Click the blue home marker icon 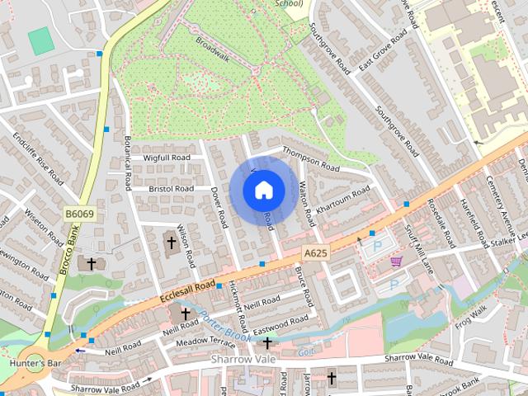coord(262,190)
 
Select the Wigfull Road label coord(167,157)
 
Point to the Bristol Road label coord(171,189)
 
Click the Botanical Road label coord(129,162)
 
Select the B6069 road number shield coord(79,214)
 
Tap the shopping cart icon coord(397,262)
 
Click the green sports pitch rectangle coord(39,39)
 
